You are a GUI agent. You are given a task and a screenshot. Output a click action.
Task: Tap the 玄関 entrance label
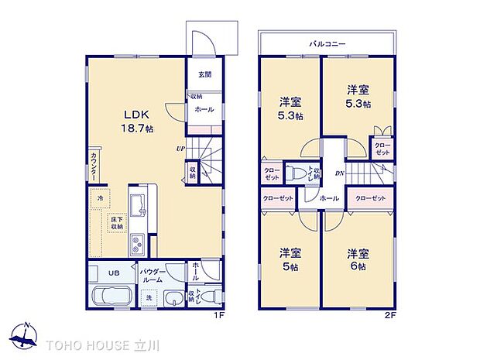204,75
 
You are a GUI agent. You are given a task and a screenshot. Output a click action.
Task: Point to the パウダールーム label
153,276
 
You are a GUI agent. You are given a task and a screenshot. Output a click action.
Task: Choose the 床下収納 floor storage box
115,222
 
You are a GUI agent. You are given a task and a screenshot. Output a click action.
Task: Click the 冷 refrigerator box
100,199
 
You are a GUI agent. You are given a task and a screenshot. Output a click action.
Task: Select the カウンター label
93,166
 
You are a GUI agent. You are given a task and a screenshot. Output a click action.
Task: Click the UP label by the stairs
180,149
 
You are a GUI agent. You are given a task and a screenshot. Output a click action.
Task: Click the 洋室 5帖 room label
290,259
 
